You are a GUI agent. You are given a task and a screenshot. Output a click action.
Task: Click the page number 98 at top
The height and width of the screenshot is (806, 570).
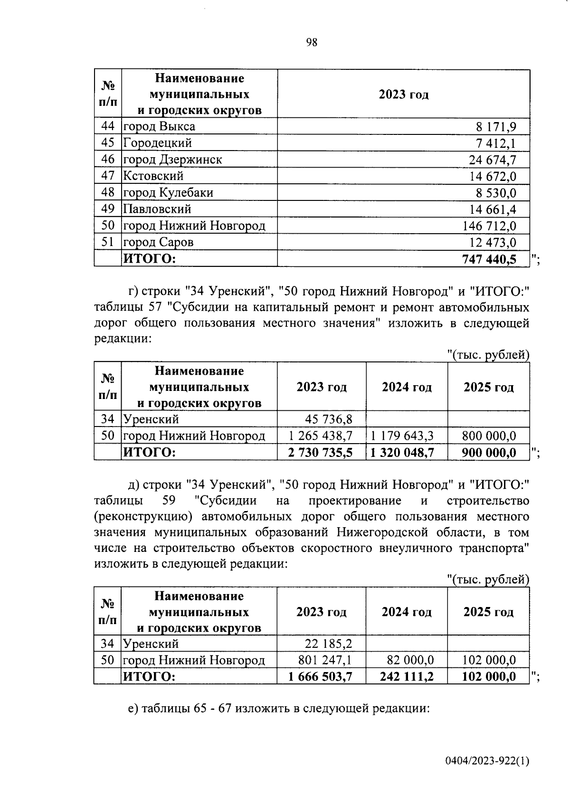tap(311, 43)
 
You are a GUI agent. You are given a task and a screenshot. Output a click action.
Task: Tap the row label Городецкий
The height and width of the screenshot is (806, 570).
tap(157, 143)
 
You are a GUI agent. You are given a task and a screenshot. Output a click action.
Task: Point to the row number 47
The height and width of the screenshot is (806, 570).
tap(108, 176)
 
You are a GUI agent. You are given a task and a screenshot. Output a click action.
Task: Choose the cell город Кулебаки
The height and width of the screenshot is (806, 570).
tap(168, 193)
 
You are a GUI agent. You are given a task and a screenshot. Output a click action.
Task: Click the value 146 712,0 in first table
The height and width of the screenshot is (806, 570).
tap(489, 226)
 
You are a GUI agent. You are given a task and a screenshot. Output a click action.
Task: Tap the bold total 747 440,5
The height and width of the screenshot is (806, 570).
tap(489, 259)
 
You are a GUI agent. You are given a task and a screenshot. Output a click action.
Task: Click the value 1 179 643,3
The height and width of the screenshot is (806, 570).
tap(402, 436)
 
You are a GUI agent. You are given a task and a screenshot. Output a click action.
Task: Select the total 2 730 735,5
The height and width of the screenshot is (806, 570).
tap(320, 453)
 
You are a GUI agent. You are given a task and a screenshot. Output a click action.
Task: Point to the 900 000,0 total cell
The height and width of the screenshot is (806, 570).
tap(489, 453)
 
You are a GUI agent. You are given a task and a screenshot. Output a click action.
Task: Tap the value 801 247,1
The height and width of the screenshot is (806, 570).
tap(325, 660)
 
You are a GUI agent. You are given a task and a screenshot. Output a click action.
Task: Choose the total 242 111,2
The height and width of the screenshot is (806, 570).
tap(407, 676)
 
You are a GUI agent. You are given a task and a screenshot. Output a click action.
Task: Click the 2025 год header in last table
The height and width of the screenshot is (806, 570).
tap(488, 612)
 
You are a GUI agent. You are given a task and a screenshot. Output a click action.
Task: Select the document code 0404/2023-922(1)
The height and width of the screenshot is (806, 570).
tap(487, 761)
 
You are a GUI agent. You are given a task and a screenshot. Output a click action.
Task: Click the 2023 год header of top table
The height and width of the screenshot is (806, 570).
tap(403, 94)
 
